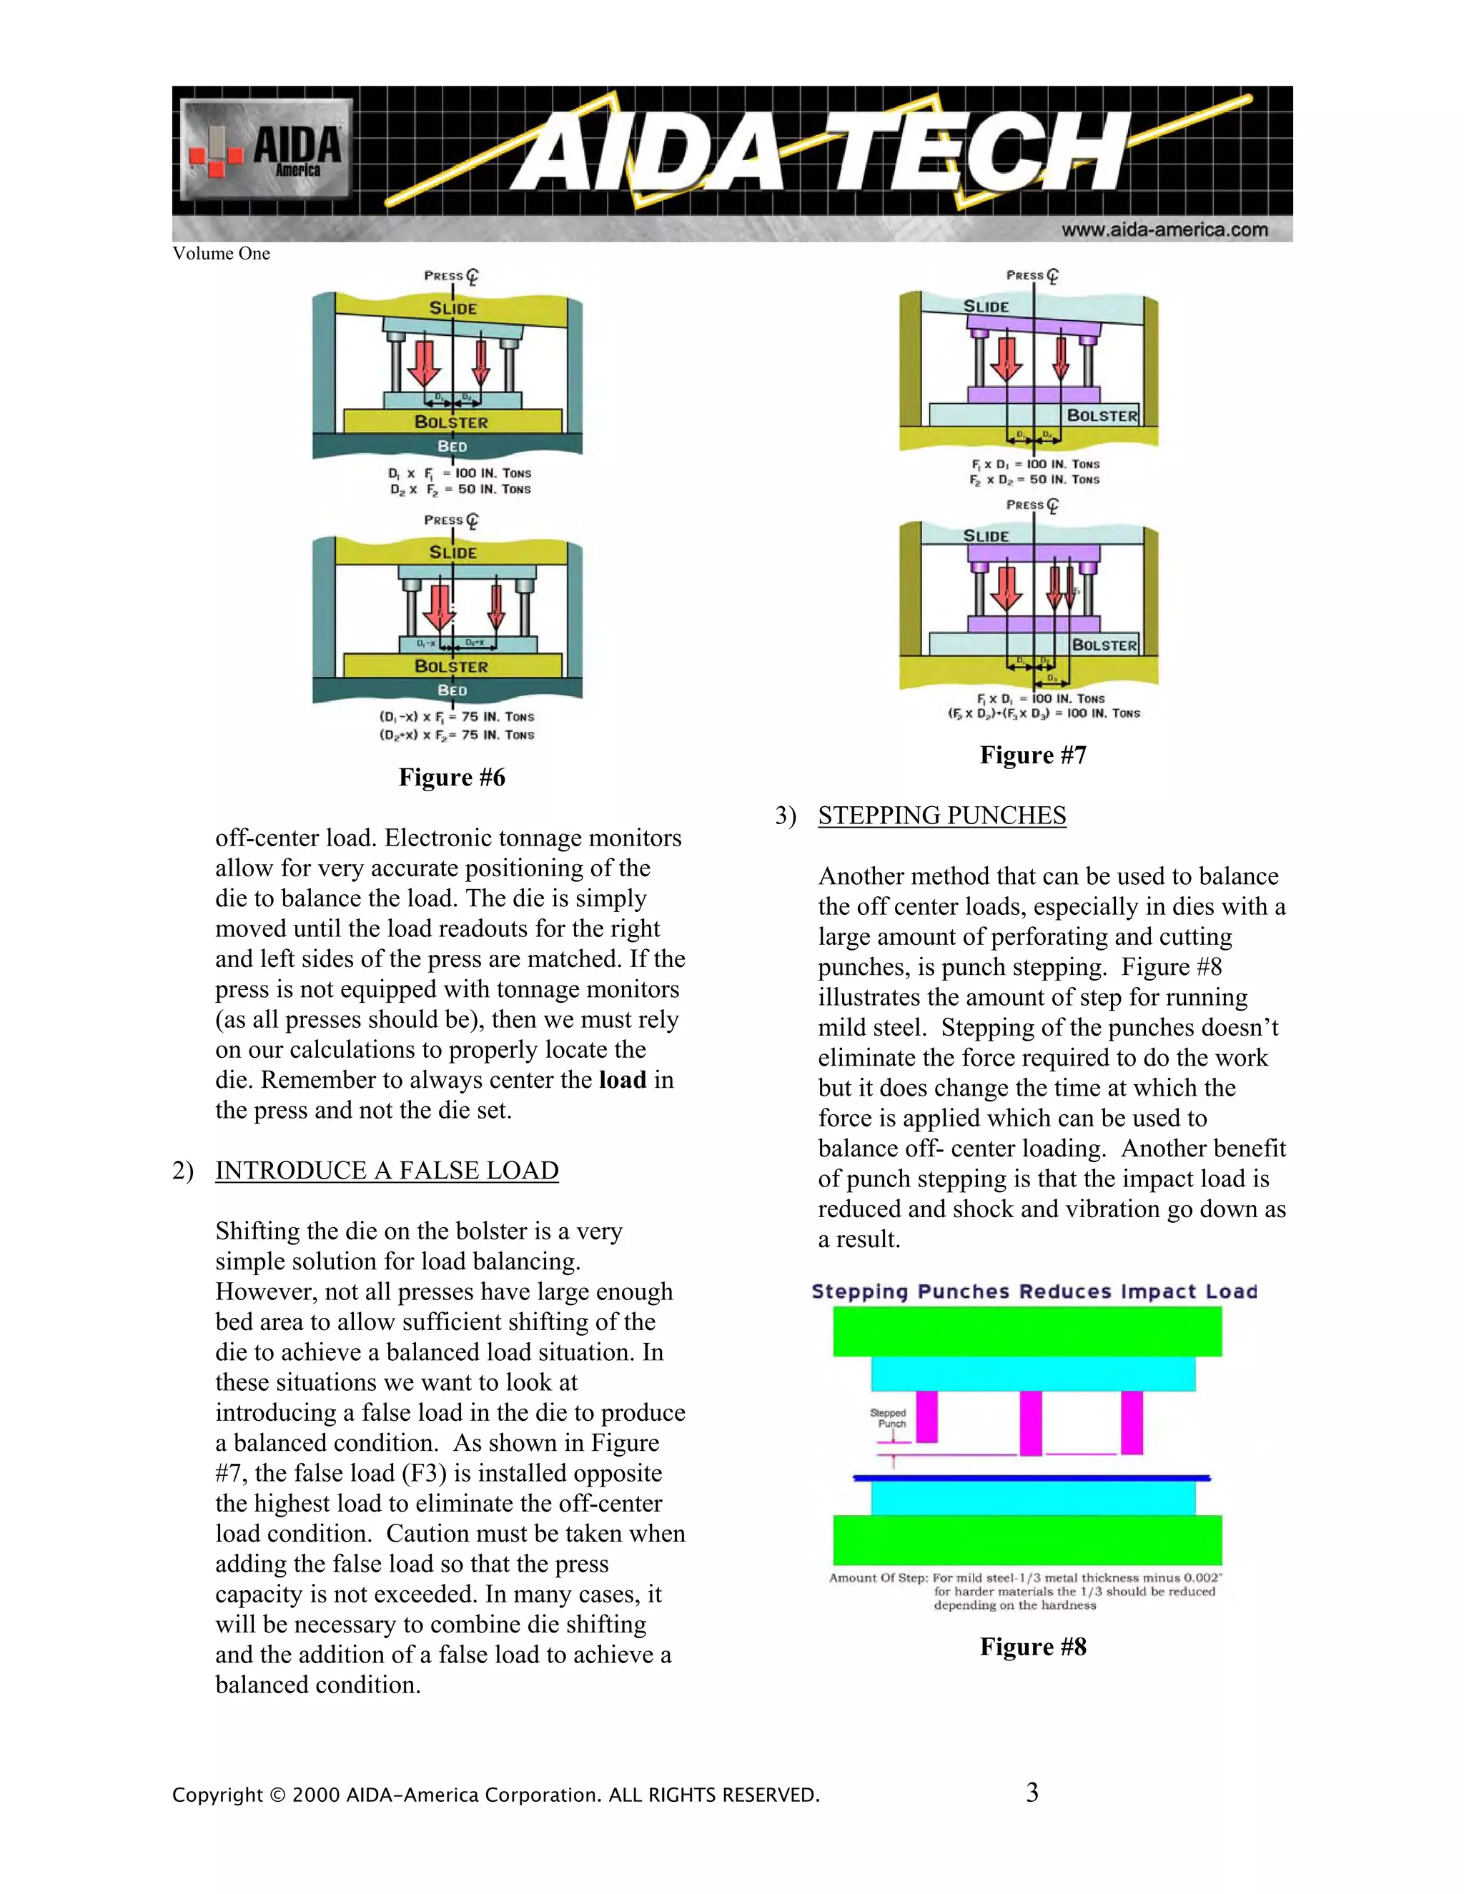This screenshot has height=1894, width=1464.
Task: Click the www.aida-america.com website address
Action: click(1164, 230)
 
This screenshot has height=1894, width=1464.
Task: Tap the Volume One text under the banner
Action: click(221, 253)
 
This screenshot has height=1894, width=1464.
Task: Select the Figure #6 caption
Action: click(451, 777)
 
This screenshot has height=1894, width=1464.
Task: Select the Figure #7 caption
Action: click(1032, 755)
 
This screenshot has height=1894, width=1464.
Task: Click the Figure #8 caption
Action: click(1032, 1647)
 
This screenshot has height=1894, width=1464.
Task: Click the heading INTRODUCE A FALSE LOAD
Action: click(387, 1170)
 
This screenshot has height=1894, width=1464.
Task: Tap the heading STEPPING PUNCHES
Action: click(942, 815)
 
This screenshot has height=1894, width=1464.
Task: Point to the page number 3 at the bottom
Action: click(1032, 1793)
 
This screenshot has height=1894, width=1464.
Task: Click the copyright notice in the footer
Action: click(495, 1794)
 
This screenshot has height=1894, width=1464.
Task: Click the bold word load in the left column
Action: click(622, 1080)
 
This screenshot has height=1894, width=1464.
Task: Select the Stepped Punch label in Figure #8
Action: click(888, 1418)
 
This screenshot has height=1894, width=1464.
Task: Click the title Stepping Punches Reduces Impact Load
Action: click(1034, 1291)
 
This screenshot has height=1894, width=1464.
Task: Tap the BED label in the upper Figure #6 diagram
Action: click(452, 446)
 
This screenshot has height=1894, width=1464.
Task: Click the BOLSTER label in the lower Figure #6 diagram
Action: click(451, 666)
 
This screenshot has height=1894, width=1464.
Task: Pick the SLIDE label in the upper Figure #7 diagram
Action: click(986, 306)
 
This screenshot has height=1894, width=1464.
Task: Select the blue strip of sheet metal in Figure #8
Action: click(1032, 1478)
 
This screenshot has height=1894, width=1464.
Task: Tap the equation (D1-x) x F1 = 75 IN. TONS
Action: click(456, 716)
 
